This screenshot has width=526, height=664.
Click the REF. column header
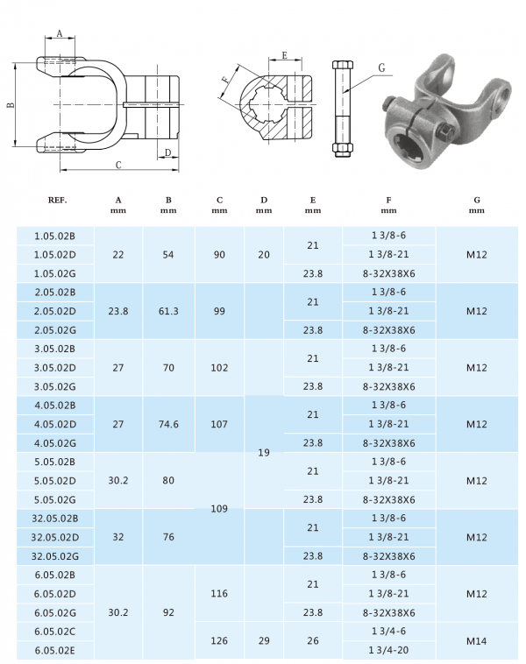pos(58,200)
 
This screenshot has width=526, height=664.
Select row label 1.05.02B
pos(54,236)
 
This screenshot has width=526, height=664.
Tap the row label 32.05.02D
pos(55,537)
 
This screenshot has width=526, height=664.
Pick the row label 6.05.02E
pos(54,650)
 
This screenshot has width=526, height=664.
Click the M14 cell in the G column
pos(477,640)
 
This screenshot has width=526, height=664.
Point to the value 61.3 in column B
pos(168,311)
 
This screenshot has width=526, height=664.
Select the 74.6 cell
pos(168,424)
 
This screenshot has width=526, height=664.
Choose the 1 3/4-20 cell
pos(390,650)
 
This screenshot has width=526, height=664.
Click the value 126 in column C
pos(219,640)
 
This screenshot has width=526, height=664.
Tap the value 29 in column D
pos(264,640)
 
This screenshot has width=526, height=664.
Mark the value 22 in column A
pos(118,255)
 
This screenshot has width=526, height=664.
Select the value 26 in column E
pos(312,640)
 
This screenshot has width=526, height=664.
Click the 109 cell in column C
pos(219,508)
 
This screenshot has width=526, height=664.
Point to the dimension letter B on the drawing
pos(10,105)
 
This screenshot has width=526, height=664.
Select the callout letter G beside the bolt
pos(381,67)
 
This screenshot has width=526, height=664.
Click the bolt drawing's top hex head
pos(342,67)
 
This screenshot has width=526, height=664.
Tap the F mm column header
pos(390,205)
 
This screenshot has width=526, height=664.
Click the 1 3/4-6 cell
pos(390,631)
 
